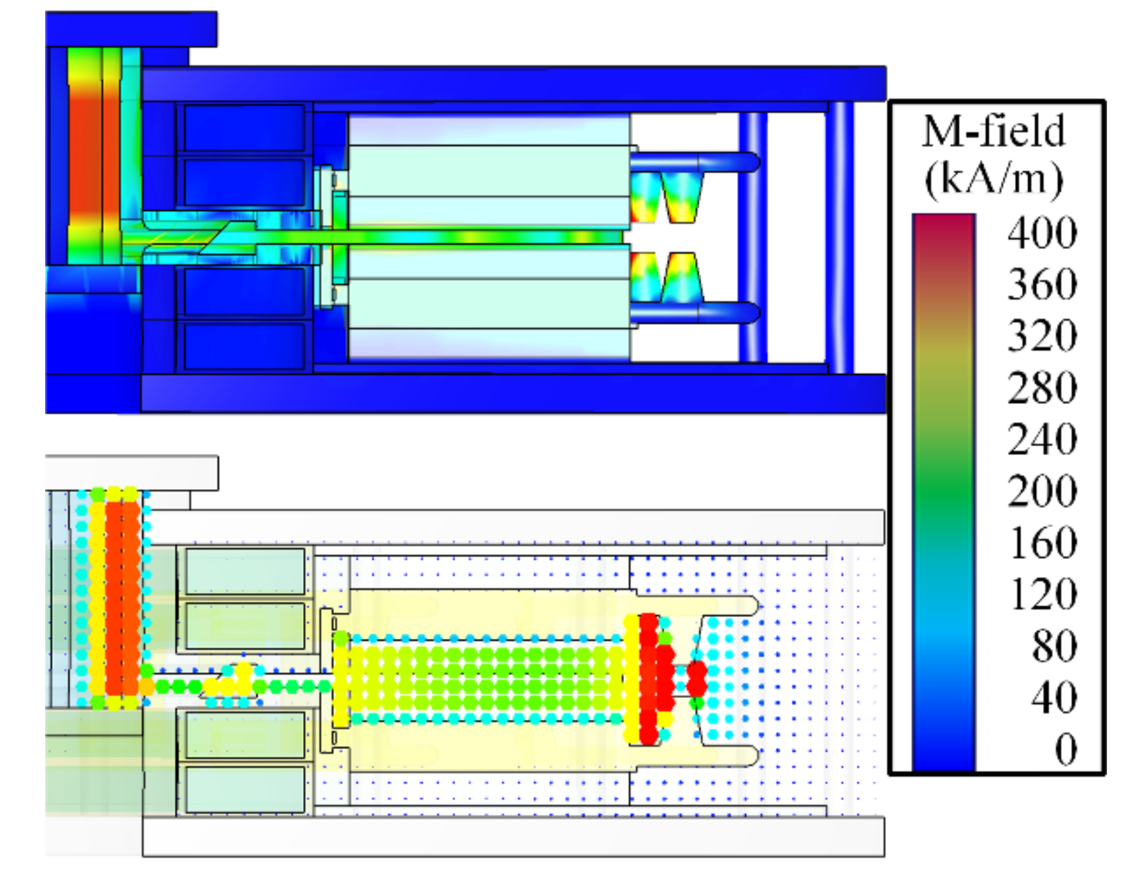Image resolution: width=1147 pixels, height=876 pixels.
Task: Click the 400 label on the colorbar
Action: tap(1042, 233)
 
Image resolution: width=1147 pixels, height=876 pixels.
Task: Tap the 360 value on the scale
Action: tap(1042, 284)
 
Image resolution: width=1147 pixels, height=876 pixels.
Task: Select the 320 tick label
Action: tap(1042, 336)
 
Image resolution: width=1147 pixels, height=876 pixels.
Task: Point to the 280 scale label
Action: tap(1042, 387)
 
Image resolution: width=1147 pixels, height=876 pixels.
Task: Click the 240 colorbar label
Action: tap(1042, 439)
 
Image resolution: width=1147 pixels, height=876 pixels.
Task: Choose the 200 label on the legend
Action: tap(1042, 491)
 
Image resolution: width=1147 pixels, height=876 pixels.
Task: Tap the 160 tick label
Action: tap(1042, 543)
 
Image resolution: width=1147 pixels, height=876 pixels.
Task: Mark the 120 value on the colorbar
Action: tap(1042, 594)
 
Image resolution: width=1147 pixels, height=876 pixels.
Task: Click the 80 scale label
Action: tap(1054, 646)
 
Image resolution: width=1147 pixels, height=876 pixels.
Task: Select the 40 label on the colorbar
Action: tap(1054, 697)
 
